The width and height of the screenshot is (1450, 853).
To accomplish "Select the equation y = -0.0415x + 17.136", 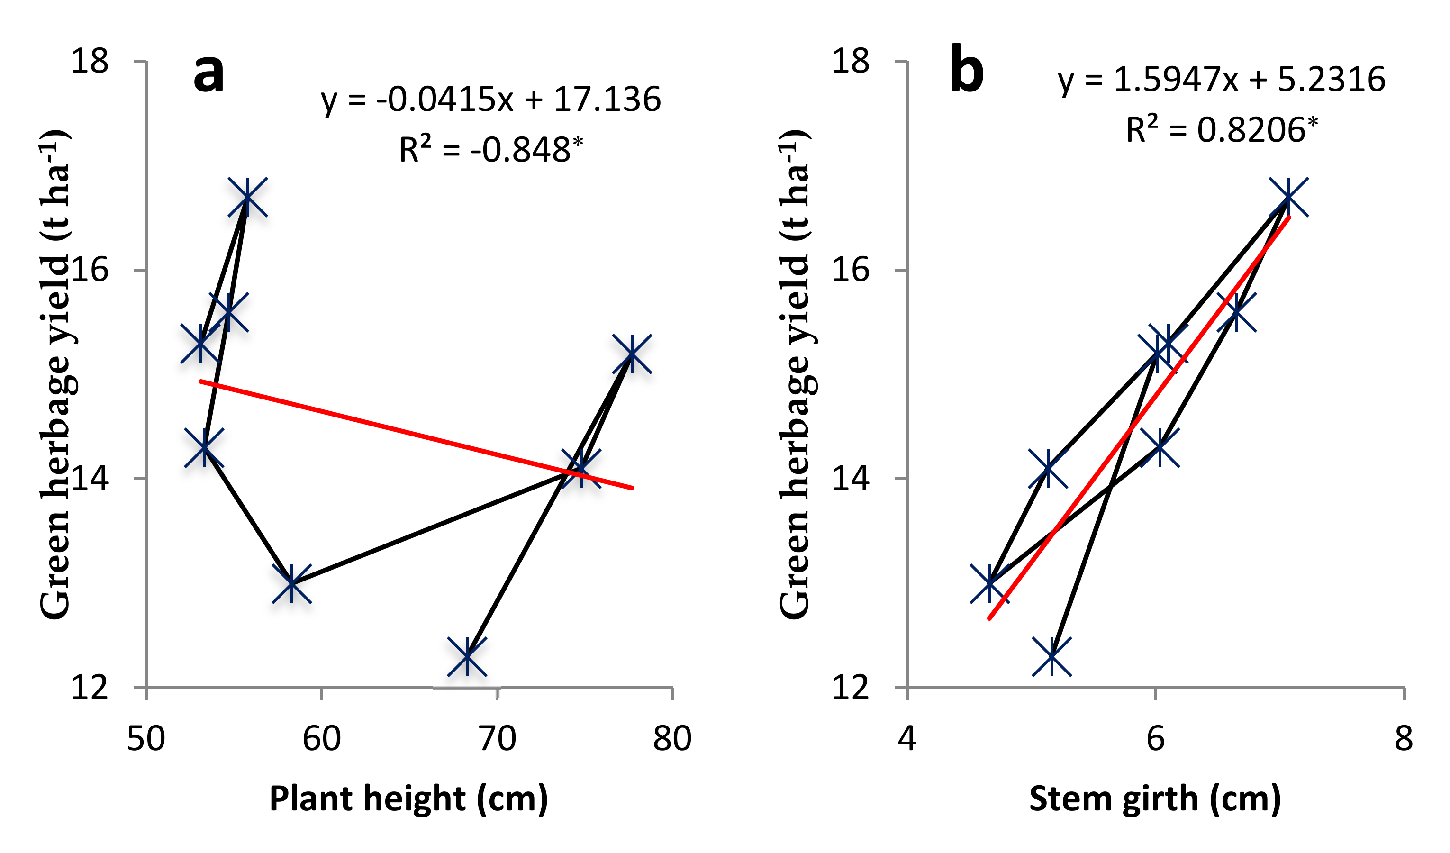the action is point(491,100).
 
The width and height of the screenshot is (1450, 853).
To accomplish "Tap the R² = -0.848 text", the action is point(491,149).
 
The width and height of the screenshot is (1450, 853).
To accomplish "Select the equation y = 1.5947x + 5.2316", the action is point(1222,80).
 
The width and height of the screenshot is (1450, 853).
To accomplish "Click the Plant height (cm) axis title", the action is point(408,799).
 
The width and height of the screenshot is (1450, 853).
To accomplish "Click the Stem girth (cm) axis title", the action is point(1155,799).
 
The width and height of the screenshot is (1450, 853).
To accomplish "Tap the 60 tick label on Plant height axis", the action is point(322,738).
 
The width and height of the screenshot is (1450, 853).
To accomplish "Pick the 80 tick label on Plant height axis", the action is point(672,738).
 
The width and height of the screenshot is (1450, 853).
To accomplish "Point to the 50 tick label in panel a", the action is point(146,738).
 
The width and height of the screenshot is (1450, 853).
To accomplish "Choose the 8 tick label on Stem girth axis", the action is point(1404,738).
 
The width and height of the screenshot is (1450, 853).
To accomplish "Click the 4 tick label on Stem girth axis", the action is point(907,738).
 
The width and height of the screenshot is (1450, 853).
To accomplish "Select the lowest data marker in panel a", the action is point(467,656).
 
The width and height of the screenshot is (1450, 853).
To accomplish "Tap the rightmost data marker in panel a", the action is point(632,354).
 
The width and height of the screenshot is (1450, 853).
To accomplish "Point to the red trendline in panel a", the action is point(416,435).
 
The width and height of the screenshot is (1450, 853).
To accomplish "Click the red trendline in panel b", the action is point(1139,418).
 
